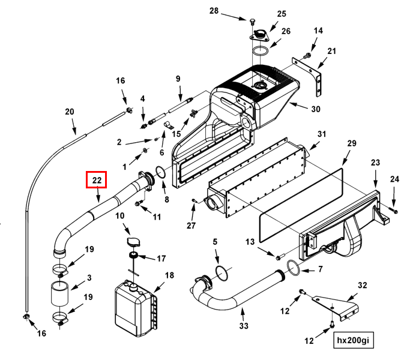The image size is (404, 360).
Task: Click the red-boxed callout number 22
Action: pos(97,179)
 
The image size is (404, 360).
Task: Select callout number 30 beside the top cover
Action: pos(315,109)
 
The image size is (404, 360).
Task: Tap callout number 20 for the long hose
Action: pos(69,112)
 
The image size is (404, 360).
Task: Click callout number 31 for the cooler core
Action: pos(321,134)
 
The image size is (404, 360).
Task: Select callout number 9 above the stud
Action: pos(178,79)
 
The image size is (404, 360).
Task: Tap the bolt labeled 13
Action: pos(279,257)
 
